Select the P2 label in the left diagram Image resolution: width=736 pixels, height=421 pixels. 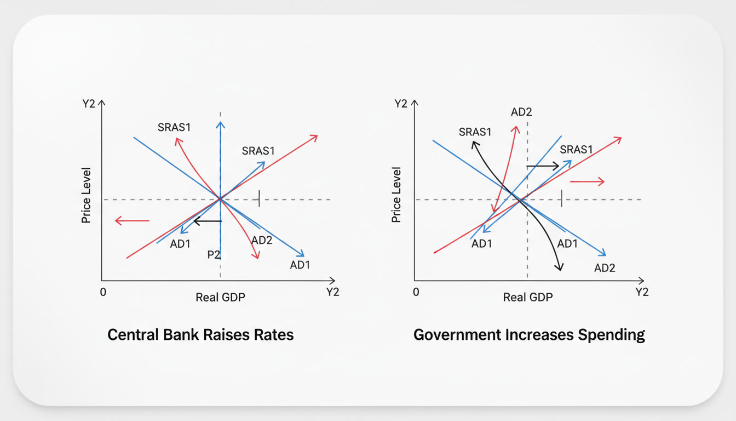click(214, 254)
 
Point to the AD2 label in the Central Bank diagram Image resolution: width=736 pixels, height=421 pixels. click(262, 240)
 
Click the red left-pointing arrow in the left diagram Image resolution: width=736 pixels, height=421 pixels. click(132, 220)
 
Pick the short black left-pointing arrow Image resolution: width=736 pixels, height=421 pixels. click(208, 221)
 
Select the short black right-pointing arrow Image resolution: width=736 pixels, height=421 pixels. click(543, 166)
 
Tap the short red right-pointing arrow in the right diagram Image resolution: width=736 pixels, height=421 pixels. click(587, 181)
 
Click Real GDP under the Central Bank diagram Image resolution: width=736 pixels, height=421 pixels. click(220, 297)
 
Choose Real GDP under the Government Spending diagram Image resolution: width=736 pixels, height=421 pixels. click(528, 297)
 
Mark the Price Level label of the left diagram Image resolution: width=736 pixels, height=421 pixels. click(86, 195)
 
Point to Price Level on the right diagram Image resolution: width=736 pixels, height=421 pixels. click(396, 195)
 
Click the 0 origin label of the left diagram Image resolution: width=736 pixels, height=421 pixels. click(103, 292)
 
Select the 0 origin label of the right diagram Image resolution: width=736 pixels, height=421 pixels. click(416, 292)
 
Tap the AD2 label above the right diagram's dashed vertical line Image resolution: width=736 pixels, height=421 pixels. click(521, 112)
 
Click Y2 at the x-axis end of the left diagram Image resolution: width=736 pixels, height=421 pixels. click(332, 292)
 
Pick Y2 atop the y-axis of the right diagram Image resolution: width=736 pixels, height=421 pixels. click(401, 104)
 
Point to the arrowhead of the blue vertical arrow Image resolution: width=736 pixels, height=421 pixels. click(220, 124)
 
